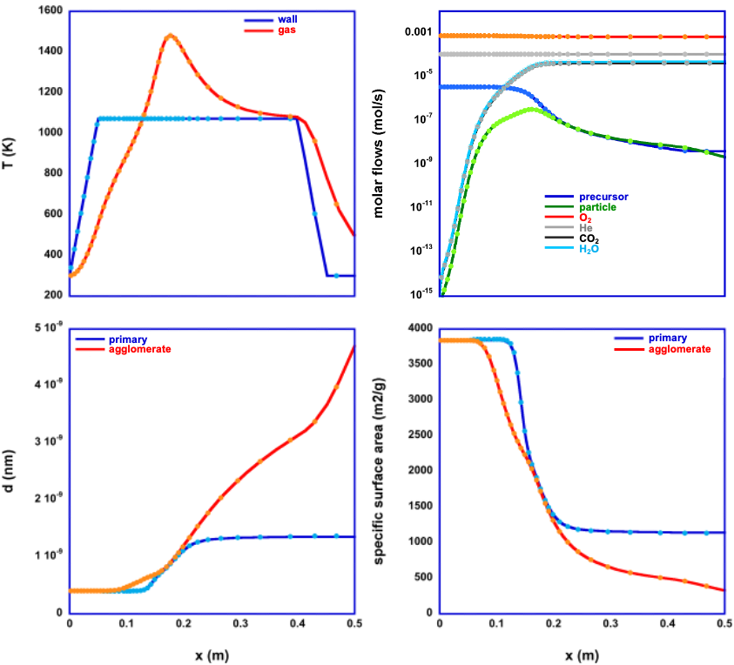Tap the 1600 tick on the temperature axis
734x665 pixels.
47,10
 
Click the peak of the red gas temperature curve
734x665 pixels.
170,36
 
